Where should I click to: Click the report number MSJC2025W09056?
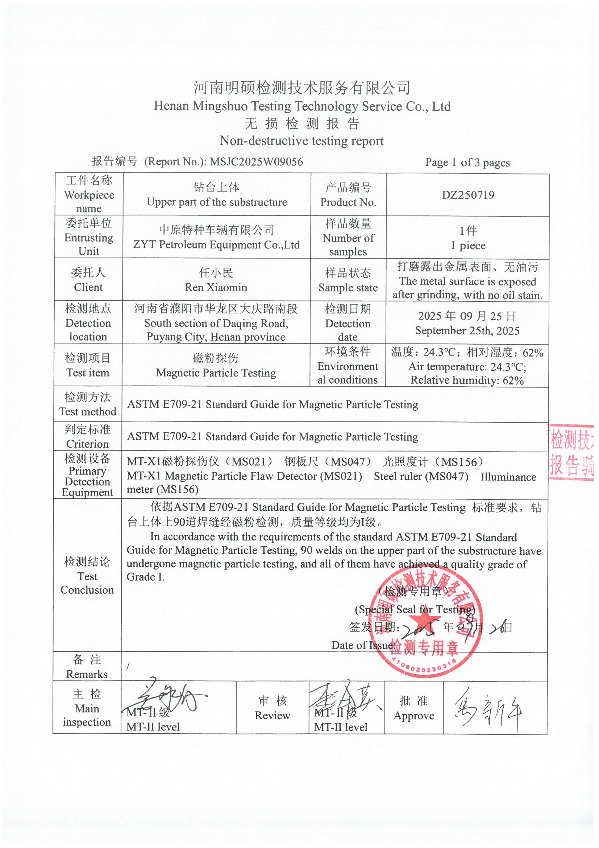pyautogui.click(x=256, y=162)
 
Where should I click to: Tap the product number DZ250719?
pyautogui.click(x=467, y=195)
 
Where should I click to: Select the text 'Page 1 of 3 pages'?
pyautogui.click(x=467, y=162)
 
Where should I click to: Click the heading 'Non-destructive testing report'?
pyautogui.click(x=301, y=141)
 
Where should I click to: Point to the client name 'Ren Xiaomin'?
pyautogui.click(x=216, y=287)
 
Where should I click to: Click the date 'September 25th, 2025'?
pyautogui.click(x=467, y=330)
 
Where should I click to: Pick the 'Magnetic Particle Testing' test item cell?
pyautogui.click(x=216, y=372)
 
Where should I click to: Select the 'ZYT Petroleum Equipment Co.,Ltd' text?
pyautogui.click(x=216, y=244)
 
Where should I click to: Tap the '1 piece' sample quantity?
pyautogui.click(x=467, y=246)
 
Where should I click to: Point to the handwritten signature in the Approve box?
pyautogui.click(x=488, y=710)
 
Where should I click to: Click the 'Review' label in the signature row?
pyautogui.click(x=273, y=715)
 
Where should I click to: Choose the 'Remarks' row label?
pyautogui.click(x=87, y=674)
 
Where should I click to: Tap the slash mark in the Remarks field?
pyautogui.click(x=128, y=666)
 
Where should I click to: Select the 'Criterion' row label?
pyautogui.click(x=87, y=444)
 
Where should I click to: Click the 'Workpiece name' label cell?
pyautogui.click(x=89, y=195)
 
